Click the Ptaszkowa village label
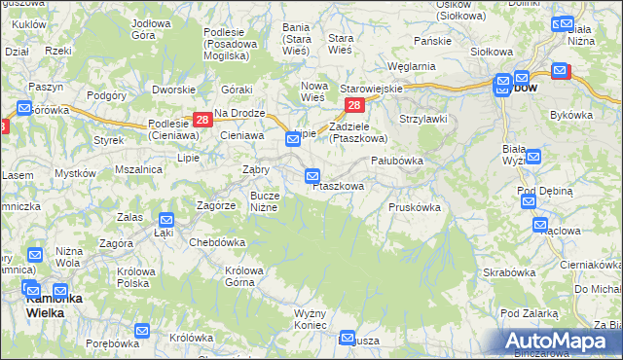pyautogui.click(x=339, y=186)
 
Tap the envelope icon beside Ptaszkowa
pyautogui.click(x=312, y=176)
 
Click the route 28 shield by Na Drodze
pyautogui.click(x=202, y=120)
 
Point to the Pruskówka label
pyautogui.click(x=415, y=207)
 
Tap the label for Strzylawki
pyautogui.click(x=422, y=119)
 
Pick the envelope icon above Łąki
pyautogui.click(x=166, y=220)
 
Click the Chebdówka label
pyautogui.click(x=216, y=242)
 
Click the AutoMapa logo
pyautogui.click(x=557, y=341)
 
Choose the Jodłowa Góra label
pyautogui.click(x=157, y=27)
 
